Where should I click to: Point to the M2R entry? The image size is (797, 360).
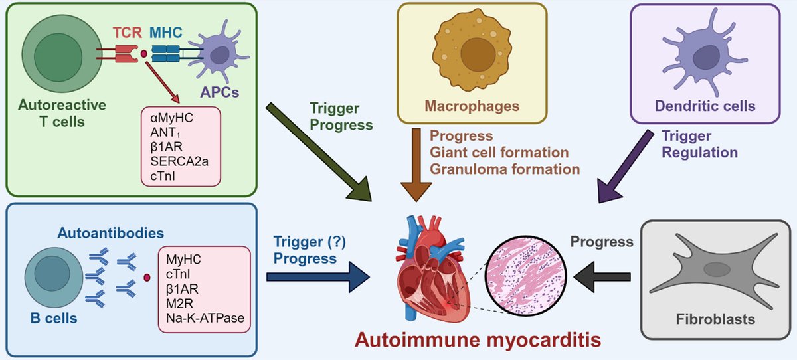(x=179, y=304)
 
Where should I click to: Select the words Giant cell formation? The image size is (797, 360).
(x=500, y=153)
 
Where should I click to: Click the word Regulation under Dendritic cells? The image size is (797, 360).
(x=699, y=152)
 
